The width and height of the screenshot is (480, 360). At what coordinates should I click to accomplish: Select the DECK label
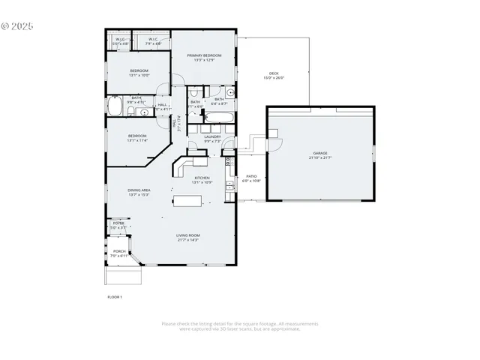point(274,73)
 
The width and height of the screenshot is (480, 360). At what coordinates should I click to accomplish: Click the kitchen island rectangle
point(187,200)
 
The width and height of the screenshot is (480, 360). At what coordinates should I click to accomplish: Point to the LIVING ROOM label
point(187,236)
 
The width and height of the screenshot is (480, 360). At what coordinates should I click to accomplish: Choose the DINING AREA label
point(139,190)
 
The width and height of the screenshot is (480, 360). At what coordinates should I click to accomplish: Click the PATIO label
point(251,176)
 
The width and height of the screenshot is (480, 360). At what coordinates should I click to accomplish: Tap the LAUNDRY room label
point(212,136)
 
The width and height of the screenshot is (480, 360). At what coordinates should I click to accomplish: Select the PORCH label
point(118,252)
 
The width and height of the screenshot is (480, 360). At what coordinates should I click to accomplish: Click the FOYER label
point(118,223)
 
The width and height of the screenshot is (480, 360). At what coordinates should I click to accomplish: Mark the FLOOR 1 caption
point(115,298)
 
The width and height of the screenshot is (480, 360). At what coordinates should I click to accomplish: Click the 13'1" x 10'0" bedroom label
point(139,73)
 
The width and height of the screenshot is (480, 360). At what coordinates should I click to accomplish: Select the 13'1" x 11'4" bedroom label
point(137,138)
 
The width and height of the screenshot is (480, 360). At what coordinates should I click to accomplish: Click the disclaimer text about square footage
point(240,326)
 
